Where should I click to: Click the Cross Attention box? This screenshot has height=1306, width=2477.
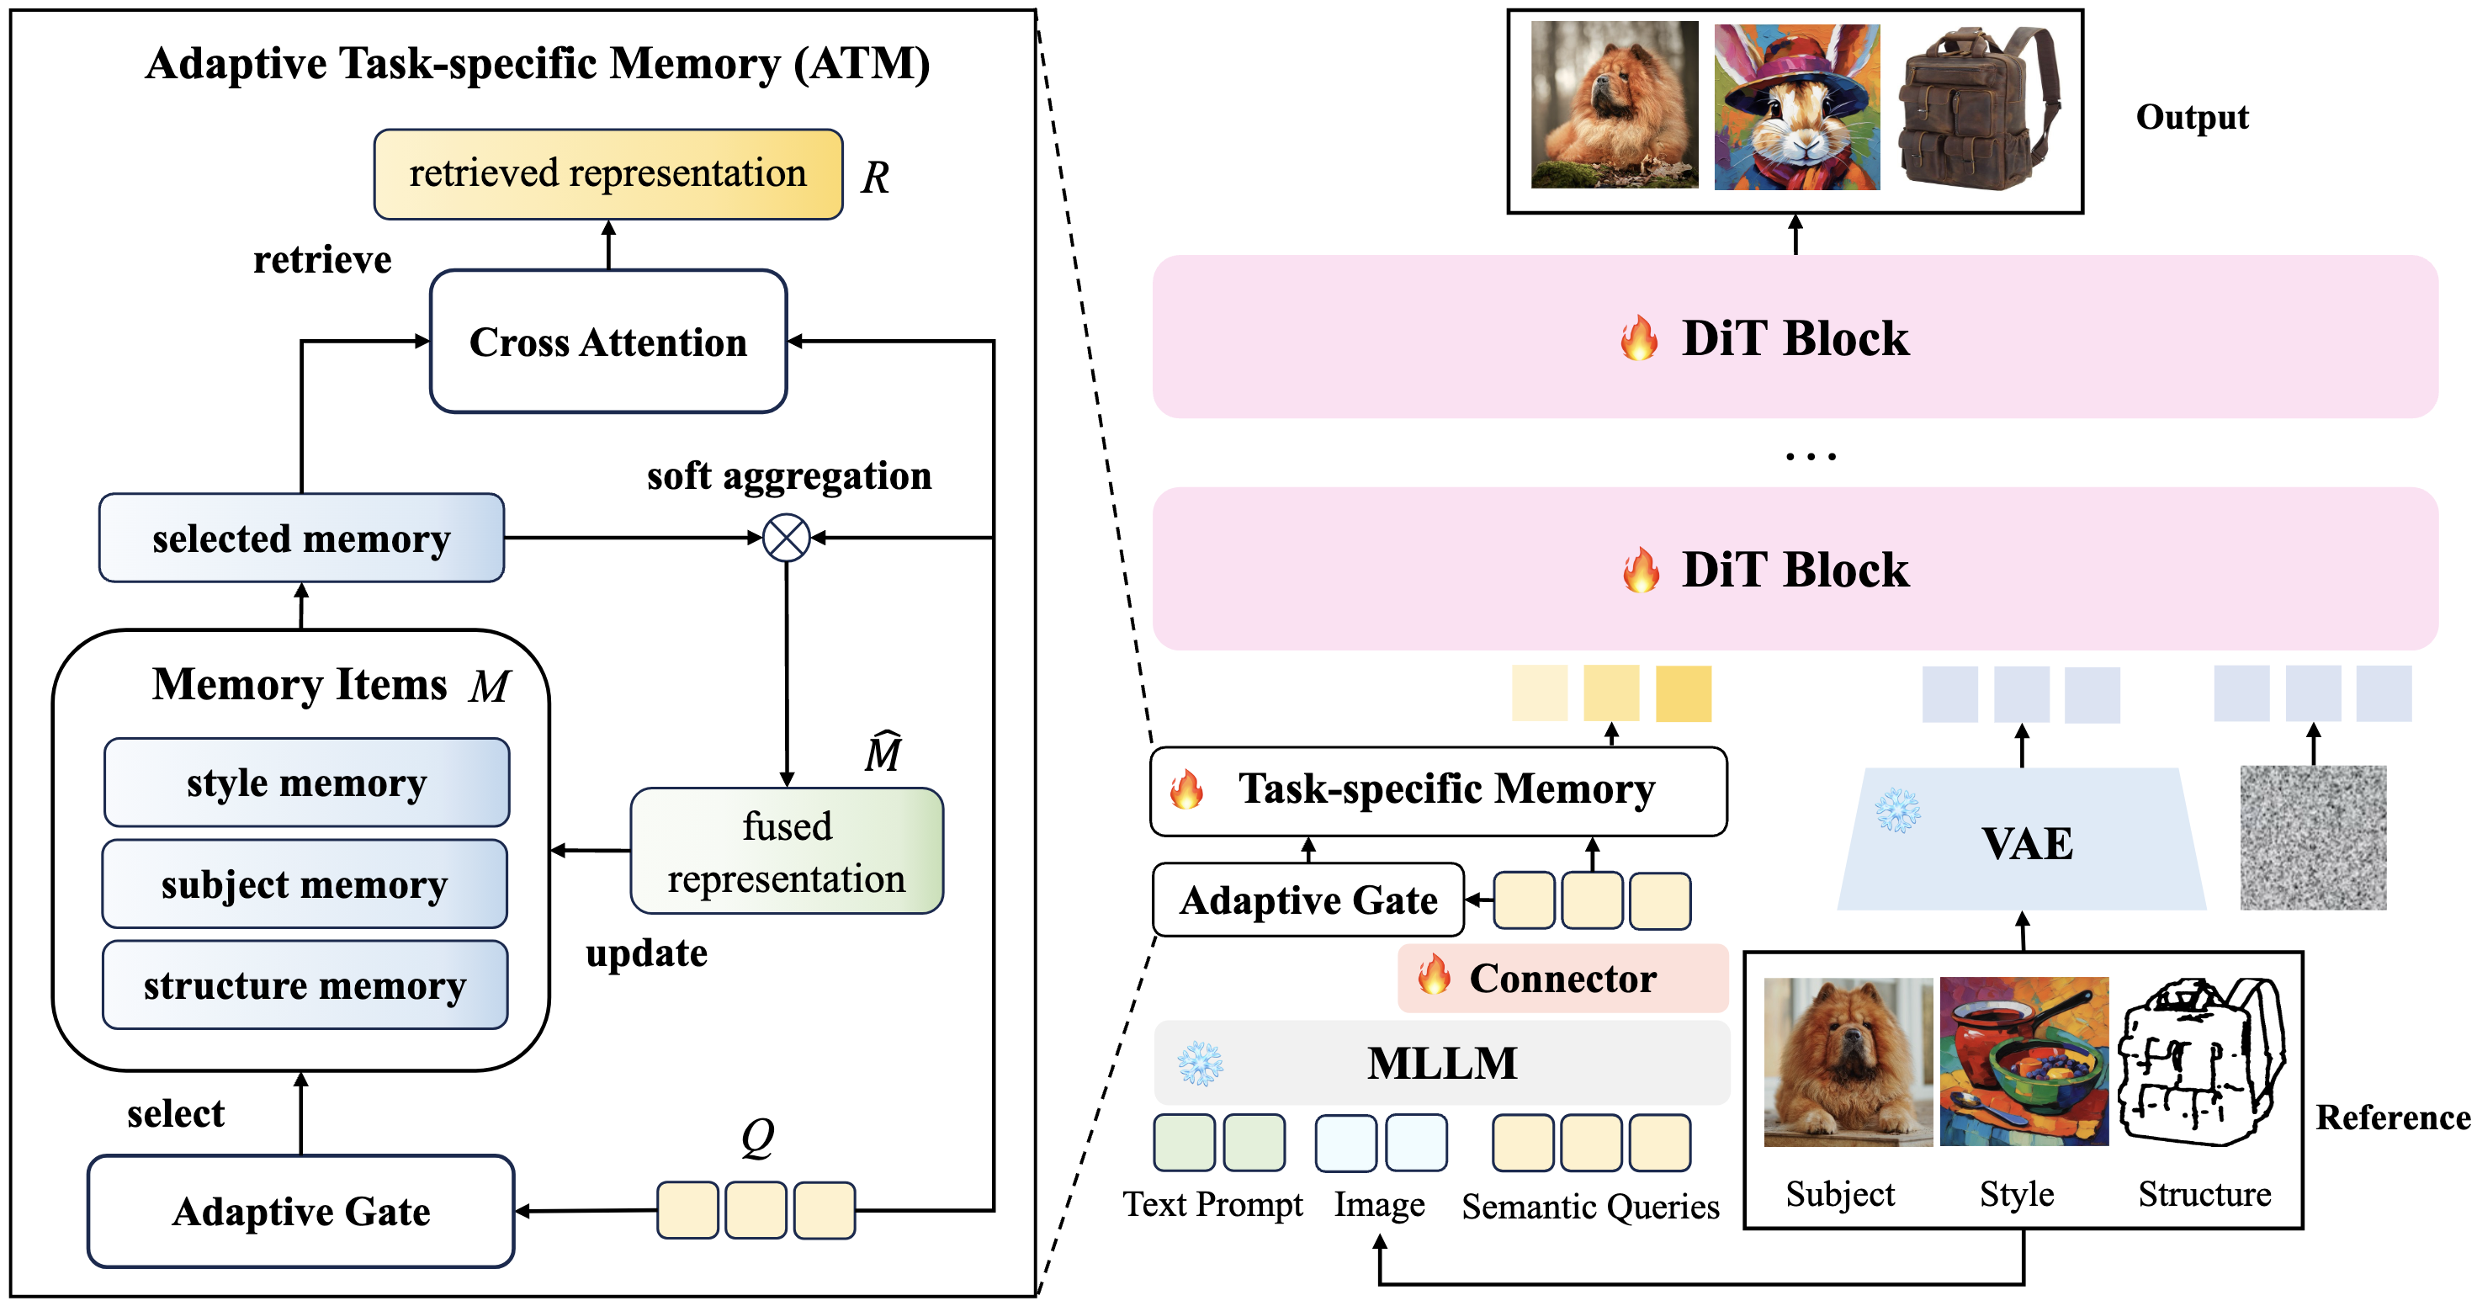[x=607, y=342]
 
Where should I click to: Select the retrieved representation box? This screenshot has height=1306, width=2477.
[x=607, y=174]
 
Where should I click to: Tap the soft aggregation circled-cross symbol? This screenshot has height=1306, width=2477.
[x=787, y=538]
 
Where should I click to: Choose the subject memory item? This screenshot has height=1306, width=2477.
[x=305, y=884]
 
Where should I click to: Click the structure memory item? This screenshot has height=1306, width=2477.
[x=305, y=985]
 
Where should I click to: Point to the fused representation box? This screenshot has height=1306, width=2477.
[x=787, y=851]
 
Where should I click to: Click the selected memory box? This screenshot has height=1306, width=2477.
[x=302, y=538]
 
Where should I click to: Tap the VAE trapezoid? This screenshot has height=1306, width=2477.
[x=2022, y=839]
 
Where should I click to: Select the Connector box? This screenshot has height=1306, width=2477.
[x=1562, y=978]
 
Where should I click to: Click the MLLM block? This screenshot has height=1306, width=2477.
[x=1441, y=1063]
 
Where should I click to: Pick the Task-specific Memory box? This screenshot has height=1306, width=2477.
[x=1439, y=790]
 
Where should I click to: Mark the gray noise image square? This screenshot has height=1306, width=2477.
[x=2314, y=837]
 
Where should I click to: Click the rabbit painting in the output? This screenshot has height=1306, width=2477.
[x=1797, y=106]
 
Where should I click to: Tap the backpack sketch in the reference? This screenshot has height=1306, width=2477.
[x=2203, y=1062]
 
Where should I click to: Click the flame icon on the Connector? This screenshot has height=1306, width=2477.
[x=1434, y=975]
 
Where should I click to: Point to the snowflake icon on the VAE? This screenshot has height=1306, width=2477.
[x=1898, y=810]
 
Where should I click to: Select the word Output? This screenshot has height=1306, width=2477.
[x=2193, y=117]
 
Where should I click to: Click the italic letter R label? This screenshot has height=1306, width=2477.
[x=875, y=177]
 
